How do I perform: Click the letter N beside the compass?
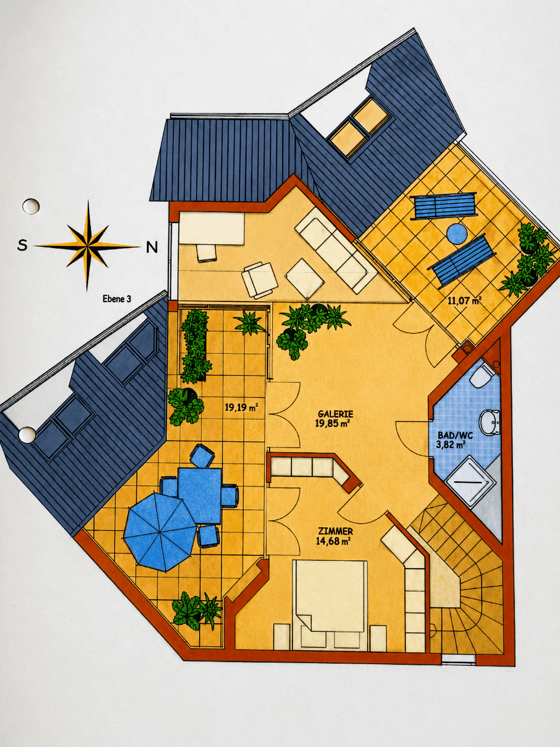tap(152, 247)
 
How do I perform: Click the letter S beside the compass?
tap(23, 245)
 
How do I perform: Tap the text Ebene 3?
tap(117, 299)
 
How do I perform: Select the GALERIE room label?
tap(335, 414)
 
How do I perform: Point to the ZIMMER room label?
tap(335, 531)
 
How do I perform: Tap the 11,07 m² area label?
tap(464, 300)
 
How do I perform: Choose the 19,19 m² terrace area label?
tap(241, 408)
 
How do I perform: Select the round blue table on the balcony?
tap(457, 234)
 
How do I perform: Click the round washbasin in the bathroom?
tap(490, 423)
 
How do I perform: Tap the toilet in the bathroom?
tap(481, 377)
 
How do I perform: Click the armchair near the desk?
tap(259, 280)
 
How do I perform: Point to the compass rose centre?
tap(87, 245)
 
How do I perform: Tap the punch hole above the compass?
tap(30, 206)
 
